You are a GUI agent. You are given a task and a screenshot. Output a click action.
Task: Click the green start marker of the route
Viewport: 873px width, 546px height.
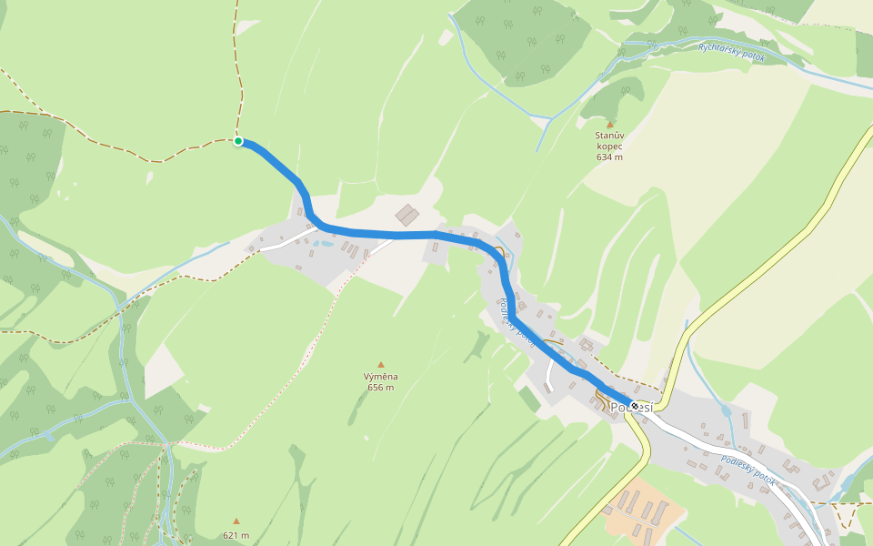pos(238,141)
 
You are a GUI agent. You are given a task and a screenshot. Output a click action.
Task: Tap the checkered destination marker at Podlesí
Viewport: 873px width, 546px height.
pos(634,406)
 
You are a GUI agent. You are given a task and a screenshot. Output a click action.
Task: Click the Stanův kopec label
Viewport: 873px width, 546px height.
pos(609,140)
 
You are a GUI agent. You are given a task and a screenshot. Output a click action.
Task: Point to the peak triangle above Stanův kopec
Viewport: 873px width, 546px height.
pos(609,125)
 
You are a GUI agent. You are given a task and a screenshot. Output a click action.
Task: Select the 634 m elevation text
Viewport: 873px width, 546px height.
pos(609,157)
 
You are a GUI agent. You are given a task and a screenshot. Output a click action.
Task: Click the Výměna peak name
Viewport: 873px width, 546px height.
pos(381,376)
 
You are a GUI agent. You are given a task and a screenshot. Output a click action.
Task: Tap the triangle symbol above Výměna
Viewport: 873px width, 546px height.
pos(381,365)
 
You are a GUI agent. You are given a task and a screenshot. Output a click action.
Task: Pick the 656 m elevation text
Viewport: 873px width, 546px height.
pos(381,388)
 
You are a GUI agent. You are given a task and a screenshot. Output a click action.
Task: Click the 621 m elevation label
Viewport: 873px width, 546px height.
pos(236,535)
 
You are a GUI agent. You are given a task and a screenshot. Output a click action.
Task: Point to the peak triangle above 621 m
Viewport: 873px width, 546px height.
pos(236,521)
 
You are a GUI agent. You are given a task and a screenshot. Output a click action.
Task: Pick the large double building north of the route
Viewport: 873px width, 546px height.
pos(407,215)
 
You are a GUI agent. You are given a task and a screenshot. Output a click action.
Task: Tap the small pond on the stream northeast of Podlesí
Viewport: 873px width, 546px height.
pos(727,410)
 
